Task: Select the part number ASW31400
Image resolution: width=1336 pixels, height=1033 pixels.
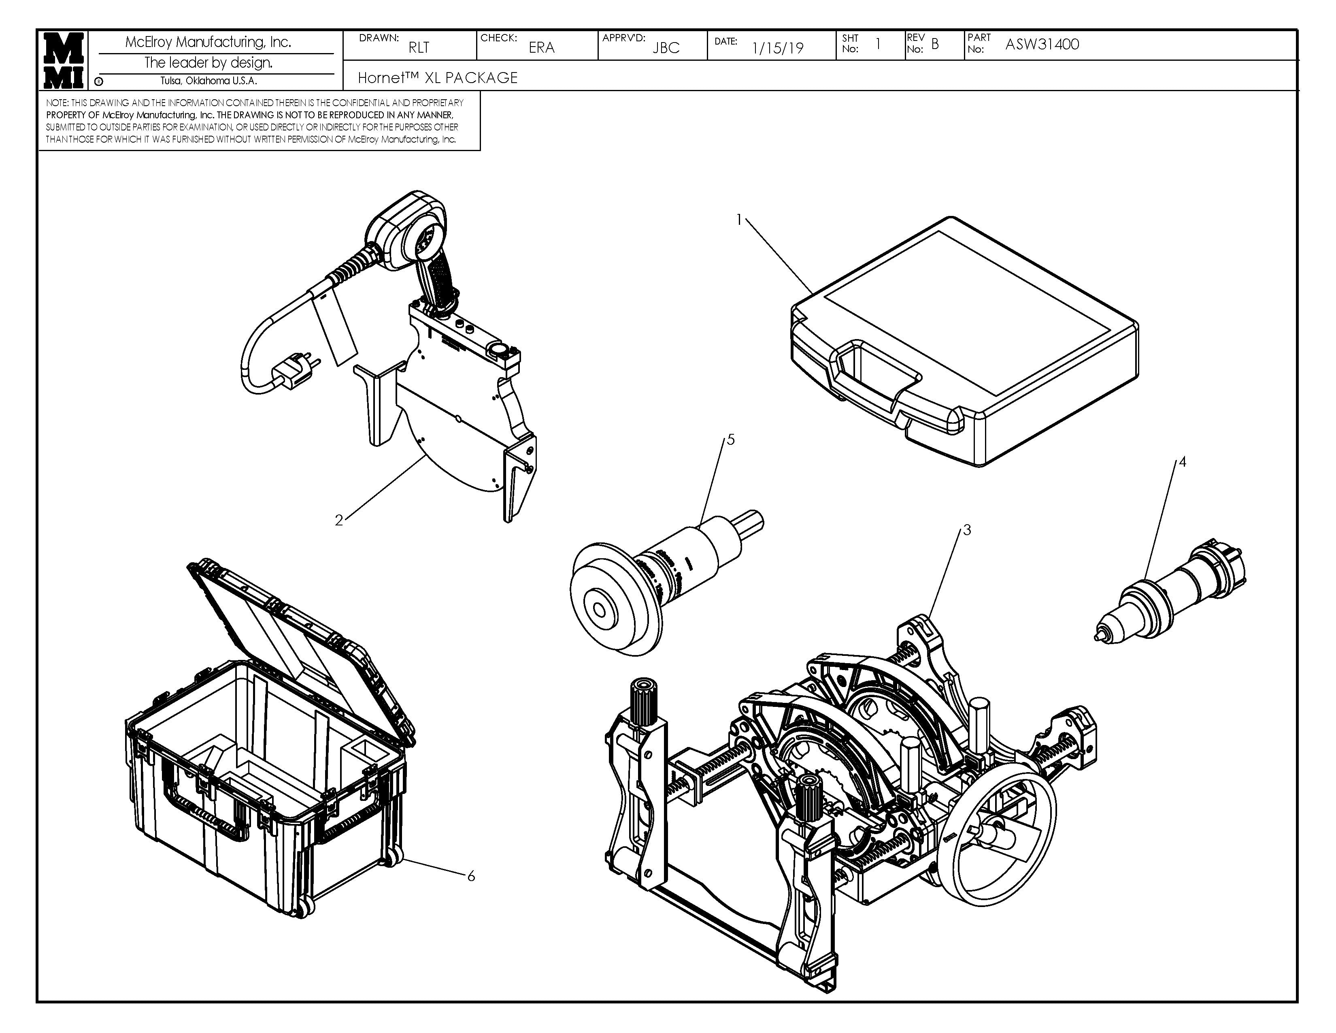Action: (1042, 44)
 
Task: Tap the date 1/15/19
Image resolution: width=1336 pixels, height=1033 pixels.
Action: (777, 48)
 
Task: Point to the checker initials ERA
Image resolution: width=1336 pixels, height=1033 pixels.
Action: (541, 47)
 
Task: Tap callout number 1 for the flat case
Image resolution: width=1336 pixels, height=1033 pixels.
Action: (739, 220)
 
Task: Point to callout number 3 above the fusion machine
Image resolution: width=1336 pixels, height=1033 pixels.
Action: (967, 530)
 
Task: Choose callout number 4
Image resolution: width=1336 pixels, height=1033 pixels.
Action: (1183, 462)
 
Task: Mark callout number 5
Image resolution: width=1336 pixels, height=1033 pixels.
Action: (730, 440)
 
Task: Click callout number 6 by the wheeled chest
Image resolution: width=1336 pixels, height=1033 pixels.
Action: (471, 876)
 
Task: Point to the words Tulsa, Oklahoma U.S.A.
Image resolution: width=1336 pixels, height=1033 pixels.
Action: (208, 81)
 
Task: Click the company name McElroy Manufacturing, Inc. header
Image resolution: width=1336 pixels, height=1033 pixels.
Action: (208, 42)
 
